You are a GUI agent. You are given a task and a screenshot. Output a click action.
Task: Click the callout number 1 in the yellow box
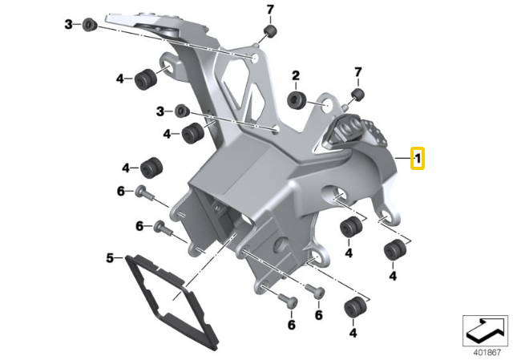tap(418, 159)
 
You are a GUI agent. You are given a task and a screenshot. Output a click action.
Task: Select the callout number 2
tap(296, 76)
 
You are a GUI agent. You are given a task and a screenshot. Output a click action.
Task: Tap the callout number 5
tap(110, 258)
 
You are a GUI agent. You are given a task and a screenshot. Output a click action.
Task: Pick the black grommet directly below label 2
tap(297, 99)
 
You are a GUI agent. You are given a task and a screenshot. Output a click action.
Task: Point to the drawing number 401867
tap(487, 353)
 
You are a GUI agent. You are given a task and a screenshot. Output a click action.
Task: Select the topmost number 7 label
tap(270, 10)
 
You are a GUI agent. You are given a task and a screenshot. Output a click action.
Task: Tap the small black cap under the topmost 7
tap(270, 31)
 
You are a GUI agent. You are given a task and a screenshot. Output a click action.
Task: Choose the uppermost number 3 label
tap(68, 24)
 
